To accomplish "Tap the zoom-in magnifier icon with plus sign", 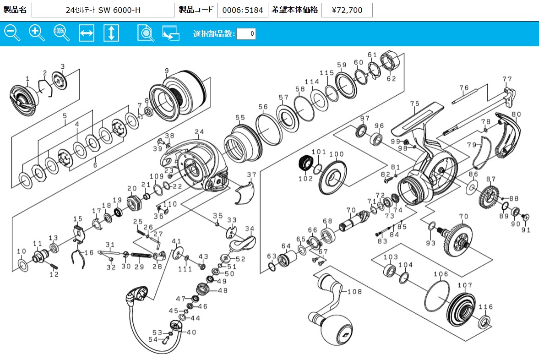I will click(x=36, y=33).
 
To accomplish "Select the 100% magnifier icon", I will click(x=61, y=33).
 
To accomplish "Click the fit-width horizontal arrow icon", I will click(x=87, y=33).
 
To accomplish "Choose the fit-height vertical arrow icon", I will click(x=111, y=33).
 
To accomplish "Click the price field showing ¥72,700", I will click(x=347, y=10).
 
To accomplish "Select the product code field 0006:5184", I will click(x=242, y=10).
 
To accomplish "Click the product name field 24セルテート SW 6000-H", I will click(x=103, y=10).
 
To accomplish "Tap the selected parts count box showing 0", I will click(x=246, y=34).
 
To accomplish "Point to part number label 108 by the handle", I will click(x=354, y=291).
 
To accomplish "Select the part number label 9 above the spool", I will click(x=167, y=71).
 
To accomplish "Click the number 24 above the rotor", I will click(x=199, y=132).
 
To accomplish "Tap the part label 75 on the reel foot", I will click(x=415, y=104).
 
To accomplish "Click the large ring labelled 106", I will click(x=437, y=296).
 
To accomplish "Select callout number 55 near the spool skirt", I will click(x=240, y=118).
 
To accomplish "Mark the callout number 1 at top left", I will click(x=27, y=78).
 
